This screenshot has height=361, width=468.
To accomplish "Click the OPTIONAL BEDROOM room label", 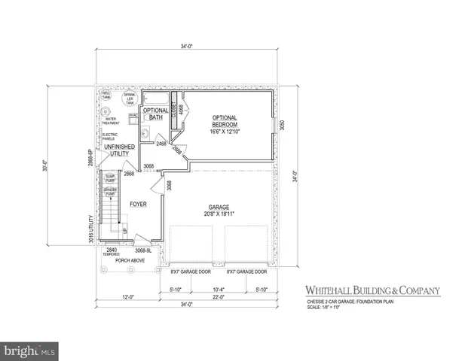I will pyautogui.click(x=225, y=123).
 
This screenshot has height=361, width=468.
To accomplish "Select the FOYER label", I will pyautogui.click(x=138, y=204).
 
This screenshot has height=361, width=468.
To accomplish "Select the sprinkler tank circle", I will pyautogui.click(x=129, y=97).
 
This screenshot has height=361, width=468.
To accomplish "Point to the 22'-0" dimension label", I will pyautogui.click(x=218, y=296).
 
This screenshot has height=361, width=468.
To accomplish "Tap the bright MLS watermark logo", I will pyautogui.click(x=29, y=350).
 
